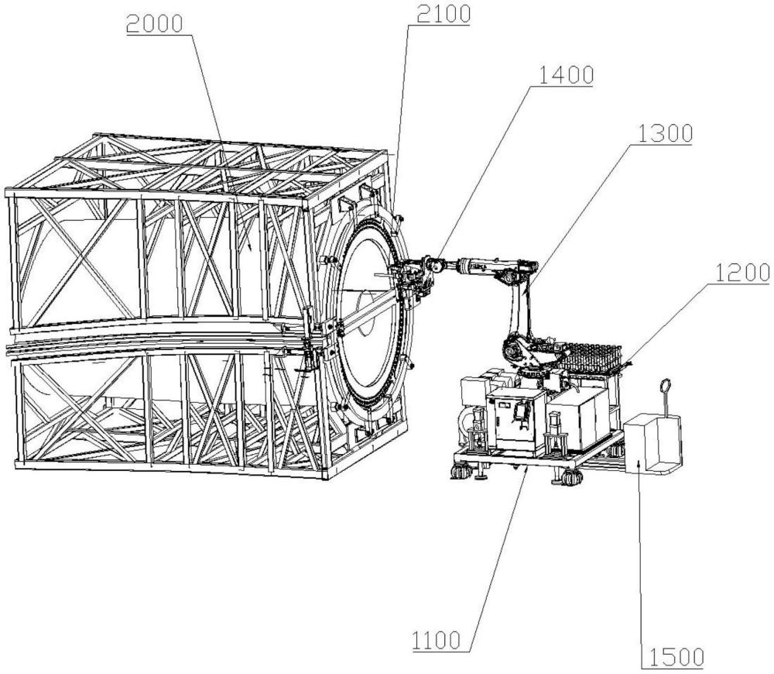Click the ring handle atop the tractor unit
(x=664, y=386)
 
